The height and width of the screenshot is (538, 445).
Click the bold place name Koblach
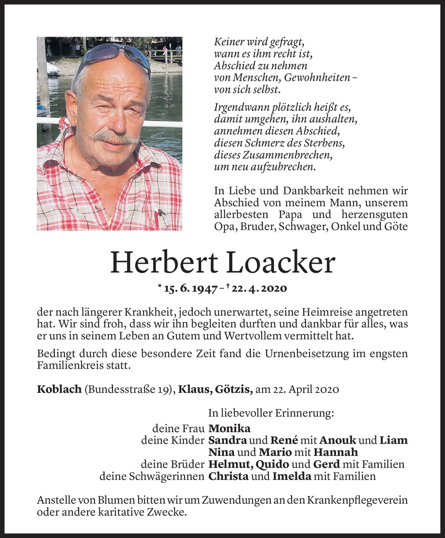click(x=59, y=389)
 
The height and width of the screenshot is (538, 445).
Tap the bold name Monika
click(x=229, y=428)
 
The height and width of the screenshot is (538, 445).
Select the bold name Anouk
click(x=338, y=440)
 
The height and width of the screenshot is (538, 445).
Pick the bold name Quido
click(x=272, y=464)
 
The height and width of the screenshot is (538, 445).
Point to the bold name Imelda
click(x=291, y=476)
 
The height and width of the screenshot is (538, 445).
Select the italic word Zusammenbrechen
click(x=273, y=155)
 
